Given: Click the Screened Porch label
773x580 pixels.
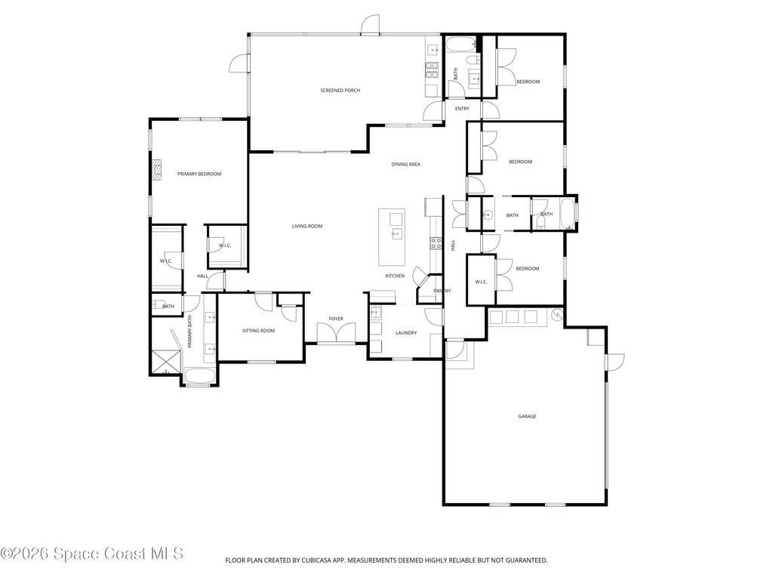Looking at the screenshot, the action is [340, 91].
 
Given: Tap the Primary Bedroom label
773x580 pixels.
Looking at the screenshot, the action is [199, 174].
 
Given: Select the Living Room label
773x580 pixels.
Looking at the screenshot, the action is [307, 226].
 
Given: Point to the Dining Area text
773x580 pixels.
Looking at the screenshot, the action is [405, 164].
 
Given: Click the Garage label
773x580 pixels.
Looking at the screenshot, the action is [527, 416].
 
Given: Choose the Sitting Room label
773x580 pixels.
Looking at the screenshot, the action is [258, 331].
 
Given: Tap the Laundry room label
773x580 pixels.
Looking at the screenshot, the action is [406, 333].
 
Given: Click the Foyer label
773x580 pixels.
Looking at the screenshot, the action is [336, 319].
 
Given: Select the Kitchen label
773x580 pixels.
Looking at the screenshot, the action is [395, 276].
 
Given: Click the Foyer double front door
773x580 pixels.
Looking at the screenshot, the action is [336, 333].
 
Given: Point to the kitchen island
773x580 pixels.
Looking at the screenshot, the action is [392, 237].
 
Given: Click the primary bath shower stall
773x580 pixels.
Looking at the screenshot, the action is [165, 362].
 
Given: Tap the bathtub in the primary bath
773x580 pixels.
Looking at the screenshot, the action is [199, 376].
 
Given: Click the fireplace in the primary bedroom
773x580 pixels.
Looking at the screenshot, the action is [156, 171].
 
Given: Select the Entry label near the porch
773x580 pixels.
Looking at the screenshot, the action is [463, 109].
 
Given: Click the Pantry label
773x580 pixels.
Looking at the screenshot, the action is [442, 291].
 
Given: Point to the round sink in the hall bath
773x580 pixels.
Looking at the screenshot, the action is [488, 214].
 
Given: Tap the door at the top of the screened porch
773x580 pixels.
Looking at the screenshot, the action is [370, 25].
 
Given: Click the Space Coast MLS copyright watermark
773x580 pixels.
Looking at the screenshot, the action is [91, 554].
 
